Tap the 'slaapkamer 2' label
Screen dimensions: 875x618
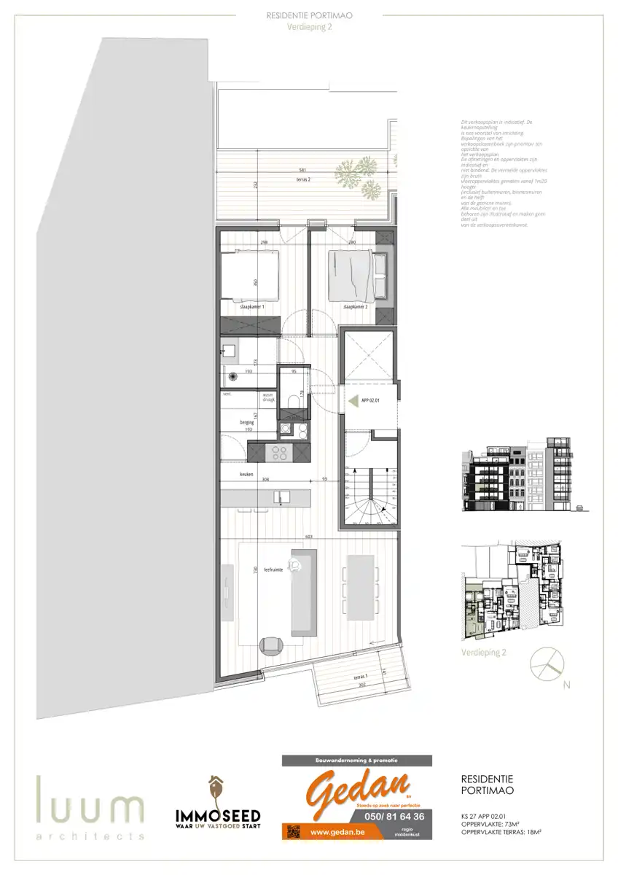(355, 307)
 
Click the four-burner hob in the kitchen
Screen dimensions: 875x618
(278, 452)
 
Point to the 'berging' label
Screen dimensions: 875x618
(246, 421)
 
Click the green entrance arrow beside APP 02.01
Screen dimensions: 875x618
(354, 400)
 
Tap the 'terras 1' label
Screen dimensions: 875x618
(360, 677)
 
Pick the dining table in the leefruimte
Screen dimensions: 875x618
(361, 588)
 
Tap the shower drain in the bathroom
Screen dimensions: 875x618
(232, 376)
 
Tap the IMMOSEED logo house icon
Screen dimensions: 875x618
(216, 788)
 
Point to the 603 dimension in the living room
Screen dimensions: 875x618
(309, 537)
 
